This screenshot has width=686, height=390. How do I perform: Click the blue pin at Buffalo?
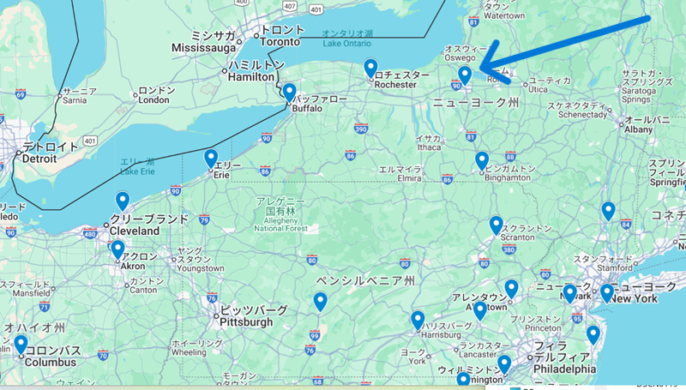290,92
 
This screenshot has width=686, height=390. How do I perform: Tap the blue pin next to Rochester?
370,68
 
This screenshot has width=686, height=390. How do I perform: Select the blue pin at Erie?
211,159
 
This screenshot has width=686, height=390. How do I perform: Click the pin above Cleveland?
123,201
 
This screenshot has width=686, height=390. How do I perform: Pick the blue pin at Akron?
117,249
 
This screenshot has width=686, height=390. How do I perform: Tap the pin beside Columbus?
21,345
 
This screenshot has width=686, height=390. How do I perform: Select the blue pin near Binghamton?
482,160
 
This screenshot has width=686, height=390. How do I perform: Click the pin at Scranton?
496,225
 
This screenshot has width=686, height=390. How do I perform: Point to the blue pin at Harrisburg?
418,320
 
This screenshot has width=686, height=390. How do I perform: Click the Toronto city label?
281,41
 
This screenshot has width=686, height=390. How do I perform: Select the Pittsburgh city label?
247,322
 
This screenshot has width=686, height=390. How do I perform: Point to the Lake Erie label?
137,171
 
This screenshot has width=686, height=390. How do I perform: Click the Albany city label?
638,129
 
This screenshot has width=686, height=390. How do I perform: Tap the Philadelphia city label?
564,369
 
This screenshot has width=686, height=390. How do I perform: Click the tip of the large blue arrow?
479,67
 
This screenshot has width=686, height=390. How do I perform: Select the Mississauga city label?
202,48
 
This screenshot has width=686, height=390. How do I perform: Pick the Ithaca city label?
428,148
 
